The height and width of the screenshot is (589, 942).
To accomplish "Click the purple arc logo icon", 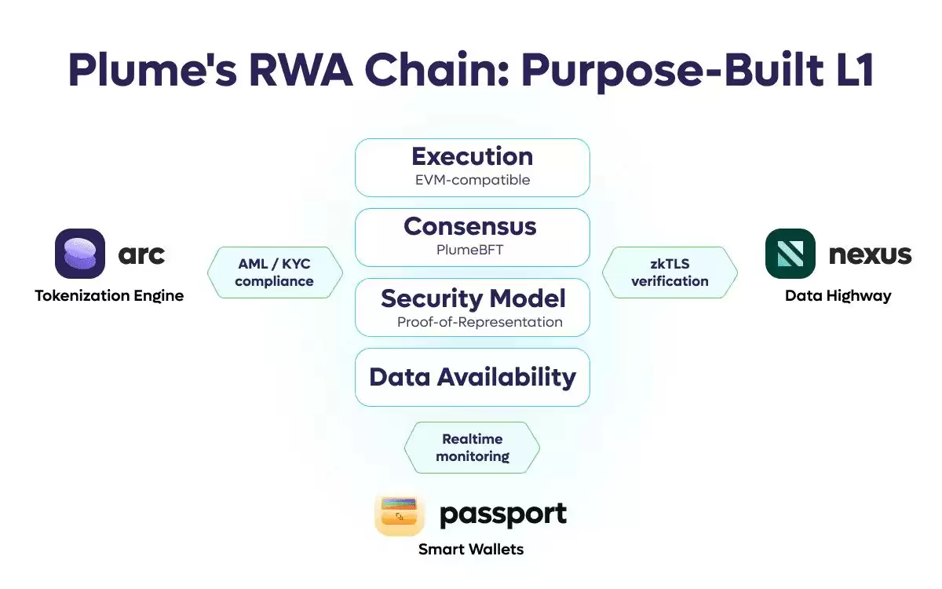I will pos(80,254).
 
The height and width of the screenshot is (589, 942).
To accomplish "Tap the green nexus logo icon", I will pos(790,254).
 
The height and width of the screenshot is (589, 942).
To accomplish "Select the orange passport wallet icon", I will pos(400,514).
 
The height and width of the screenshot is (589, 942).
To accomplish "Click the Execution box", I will pos(472,167).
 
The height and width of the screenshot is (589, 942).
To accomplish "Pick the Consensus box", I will pos(472,237).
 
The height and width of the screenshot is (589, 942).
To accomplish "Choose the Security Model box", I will pos(472,307).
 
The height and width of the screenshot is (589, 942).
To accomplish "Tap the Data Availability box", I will pos(472,377).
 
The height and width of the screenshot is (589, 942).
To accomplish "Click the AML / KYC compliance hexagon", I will pos(275,273).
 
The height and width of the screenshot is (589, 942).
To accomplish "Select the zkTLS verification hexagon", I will pos(670,273).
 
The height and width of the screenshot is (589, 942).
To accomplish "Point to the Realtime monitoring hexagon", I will pos(472,447).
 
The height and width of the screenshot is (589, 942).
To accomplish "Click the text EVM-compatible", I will pos(472,180).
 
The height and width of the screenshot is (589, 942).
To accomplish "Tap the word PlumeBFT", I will pos(469,251).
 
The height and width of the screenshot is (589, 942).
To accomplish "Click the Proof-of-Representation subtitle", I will pos(479,322).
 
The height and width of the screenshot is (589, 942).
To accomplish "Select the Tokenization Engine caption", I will pos(109,296).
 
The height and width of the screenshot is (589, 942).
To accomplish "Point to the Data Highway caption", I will pos(838,296).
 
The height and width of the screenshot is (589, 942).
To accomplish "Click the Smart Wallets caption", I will pos(471,549).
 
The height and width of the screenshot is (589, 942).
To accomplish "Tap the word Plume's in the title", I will pos(149,71).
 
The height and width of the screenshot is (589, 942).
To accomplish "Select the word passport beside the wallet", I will pos(502,514).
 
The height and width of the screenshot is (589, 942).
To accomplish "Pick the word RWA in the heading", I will pos(302,71).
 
